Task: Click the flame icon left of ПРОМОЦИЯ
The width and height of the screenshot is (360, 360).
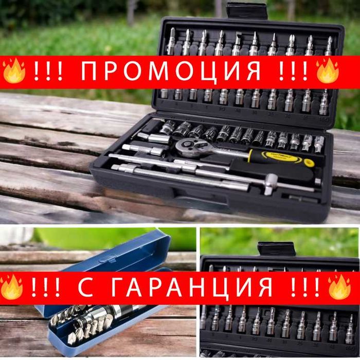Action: [14, 71]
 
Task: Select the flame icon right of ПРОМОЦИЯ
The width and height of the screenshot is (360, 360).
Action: [327, 71]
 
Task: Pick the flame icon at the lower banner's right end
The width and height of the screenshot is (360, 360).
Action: [340, 287]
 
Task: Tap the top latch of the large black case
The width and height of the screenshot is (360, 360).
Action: [247, 10]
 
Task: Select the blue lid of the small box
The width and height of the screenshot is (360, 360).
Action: [118, 257]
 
